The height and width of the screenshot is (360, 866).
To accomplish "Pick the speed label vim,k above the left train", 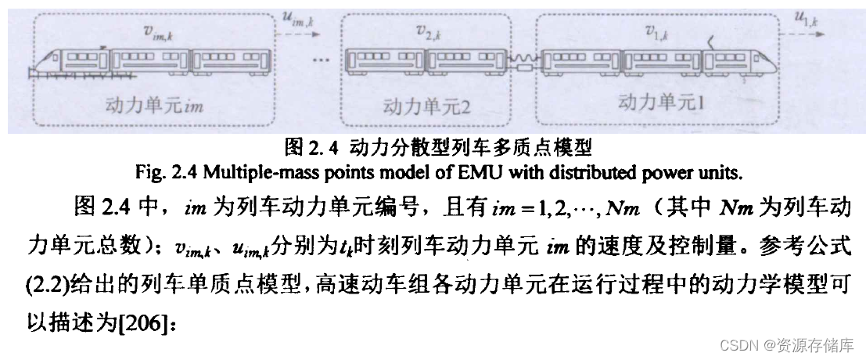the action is point(154,31).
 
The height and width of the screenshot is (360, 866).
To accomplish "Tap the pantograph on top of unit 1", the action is point(710,41).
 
